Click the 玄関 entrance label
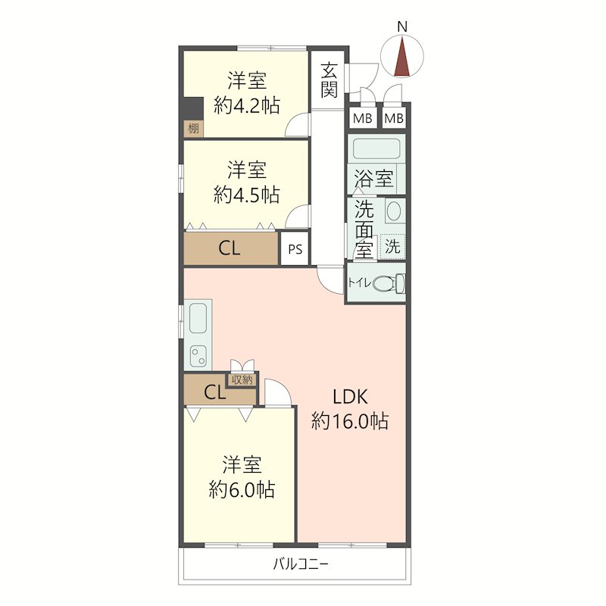(329, 80)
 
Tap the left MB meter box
(363, 117)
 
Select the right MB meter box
(394, 117)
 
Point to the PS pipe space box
(295, 248)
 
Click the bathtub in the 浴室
(376, 148)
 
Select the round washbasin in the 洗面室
(393, 211)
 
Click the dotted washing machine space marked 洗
(392, 245)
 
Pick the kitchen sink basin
(198, 317)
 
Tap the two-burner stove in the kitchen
(198, 356)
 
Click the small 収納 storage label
(242, 380)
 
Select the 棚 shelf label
(193, 128)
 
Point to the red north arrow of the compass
(402, 56)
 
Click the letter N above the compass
(402, 27)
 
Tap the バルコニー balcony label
(301, 564)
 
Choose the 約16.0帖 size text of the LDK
(350, 420)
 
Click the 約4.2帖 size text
(247, 105)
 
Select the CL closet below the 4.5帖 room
(231, 248)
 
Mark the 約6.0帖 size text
(242, 489)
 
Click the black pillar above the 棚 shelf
(193, 108)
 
